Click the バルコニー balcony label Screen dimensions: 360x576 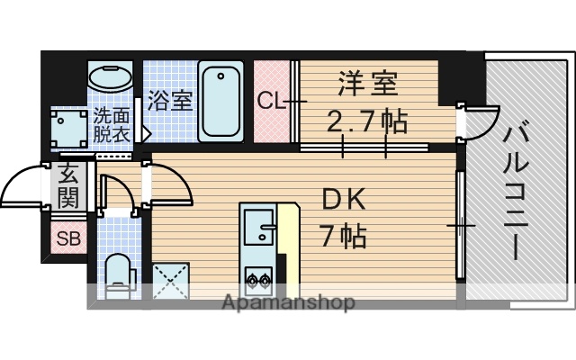click(516, 192)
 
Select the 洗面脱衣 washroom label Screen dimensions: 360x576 click(114, 125)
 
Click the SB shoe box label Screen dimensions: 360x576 click(67, 238)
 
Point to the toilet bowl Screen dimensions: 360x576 click(116, 273)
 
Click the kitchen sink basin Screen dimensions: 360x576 click(258, 225)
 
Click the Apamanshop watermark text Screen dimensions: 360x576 click(288, 302)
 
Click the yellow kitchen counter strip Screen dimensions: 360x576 click(287, 243)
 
